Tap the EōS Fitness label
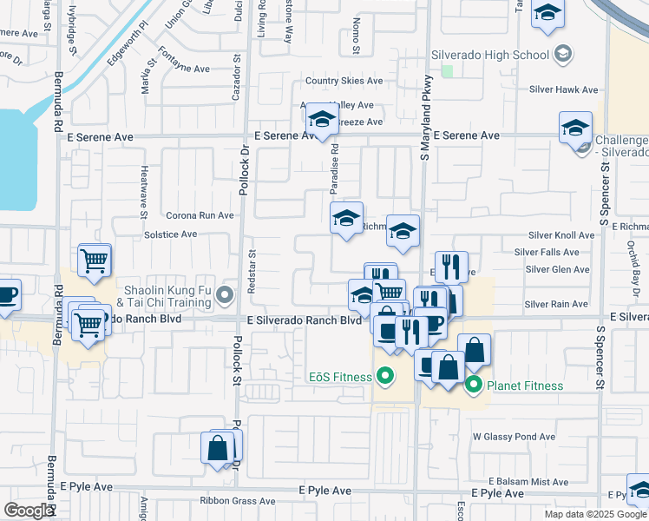pyautogui.click(x=339, y=377)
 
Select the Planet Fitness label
pyautogui.click(x=525, y=386)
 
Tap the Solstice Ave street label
pyautogui.click(x=170, y=234)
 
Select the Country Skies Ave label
pyautogui.click(x=344, y=81)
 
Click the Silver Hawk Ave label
pyautogui.click(x=565, y=89)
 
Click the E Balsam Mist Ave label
pyautogui.click(x=528, y=481)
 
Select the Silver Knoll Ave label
pyautogui.click(x=561, y=235)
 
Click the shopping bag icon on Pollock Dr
pyautogui.click(x=218, y=448)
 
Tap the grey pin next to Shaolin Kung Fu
pyautogui.click(x=226, y=296)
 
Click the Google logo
pyautogui.click(x=29, y=511)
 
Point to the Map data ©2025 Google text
pyautogui.click(x=595, y=514)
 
